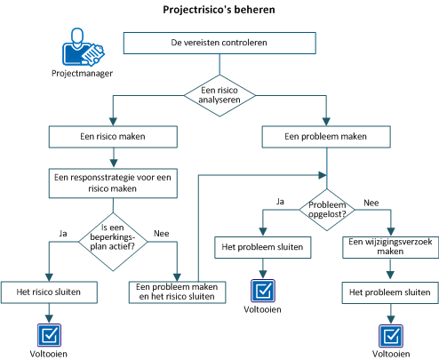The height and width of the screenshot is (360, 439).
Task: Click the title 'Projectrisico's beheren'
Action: (x=219, y=11)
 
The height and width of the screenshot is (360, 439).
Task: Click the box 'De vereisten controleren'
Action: (x=218, y=42)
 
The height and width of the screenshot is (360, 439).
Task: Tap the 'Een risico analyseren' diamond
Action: (x=219, y=93)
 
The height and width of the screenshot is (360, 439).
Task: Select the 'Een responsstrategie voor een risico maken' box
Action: (x=113, y=183)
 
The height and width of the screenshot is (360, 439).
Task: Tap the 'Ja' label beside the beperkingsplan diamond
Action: (x=63, y=233)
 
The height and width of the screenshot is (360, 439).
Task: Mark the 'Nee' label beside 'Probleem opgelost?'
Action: (x=371, y=203)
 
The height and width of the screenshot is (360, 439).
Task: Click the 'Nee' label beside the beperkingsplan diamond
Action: (x=162, y=233)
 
